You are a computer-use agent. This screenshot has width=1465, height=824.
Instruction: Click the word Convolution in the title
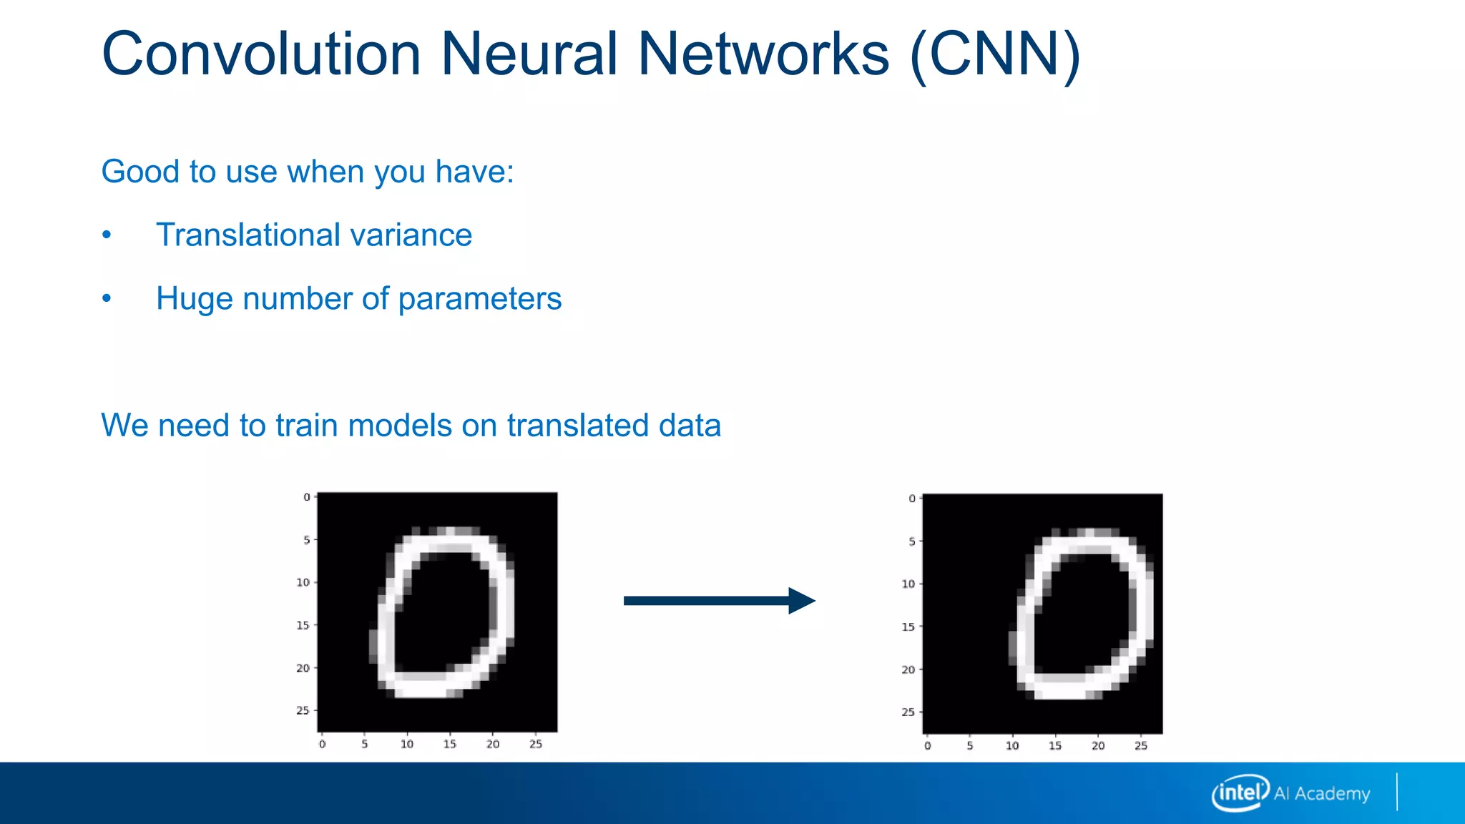[x=261, y=54]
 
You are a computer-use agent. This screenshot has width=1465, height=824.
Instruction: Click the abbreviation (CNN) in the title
[x=995, y=54]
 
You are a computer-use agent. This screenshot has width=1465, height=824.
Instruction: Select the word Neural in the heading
[x=529, y=54]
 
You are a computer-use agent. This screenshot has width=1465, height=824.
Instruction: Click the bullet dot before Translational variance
[x=107, y=235]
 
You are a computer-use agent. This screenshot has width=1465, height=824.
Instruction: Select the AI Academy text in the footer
[x=1322, y=794]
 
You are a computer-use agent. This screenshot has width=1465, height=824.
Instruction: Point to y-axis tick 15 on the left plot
[x=303, y=625]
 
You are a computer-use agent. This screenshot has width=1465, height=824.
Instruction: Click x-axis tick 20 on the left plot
[x=493, y=745]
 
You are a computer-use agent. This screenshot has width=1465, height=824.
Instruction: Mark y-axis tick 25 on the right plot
[x=908, y=712]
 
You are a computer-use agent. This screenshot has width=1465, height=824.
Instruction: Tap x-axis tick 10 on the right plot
[x=1012, y=746]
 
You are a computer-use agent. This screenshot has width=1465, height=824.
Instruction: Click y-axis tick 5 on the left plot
[x=307, y=540]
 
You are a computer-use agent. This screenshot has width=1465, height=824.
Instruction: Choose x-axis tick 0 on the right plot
[x=928, y=746]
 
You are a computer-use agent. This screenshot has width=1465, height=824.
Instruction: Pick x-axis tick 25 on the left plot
[x=536, y=745]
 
